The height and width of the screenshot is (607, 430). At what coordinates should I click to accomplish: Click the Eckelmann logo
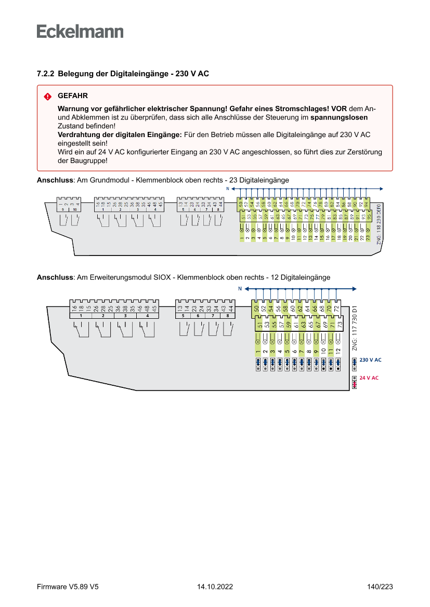click(80, 31)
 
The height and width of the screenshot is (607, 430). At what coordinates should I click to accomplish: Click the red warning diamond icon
click(47, 97)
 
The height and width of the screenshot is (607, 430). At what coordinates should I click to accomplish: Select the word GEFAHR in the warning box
click(73, 96)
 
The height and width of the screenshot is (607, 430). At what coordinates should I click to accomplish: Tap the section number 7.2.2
click(45, 74)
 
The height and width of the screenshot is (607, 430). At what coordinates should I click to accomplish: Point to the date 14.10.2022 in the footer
click(215, 587)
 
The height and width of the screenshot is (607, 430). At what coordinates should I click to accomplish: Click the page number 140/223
click(380, 587)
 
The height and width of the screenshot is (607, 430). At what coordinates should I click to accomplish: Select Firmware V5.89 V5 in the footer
click(68, 587)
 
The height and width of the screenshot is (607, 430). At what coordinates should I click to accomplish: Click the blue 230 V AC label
click(370, 360)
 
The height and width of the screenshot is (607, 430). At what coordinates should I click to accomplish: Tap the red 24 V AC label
click(369, 378)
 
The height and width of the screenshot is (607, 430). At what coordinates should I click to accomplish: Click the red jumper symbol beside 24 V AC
click(355, 382)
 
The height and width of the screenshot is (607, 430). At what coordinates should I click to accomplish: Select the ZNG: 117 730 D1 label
click(354, 327)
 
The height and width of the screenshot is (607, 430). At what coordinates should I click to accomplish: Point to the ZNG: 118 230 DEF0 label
click(379, 224)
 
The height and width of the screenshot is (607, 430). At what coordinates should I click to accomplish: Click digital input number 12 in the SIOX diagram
click(338, 351)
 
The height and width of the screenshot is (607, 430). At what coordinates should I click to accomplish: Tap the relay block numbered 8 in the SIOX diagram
click(227, 316)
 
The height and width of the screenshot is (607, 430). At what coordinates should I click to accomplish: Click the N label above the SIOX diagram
click(240, 288)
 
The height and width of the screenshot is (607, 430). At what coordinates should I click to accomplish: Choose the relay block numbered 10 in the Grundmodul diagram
click(74, 209)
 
